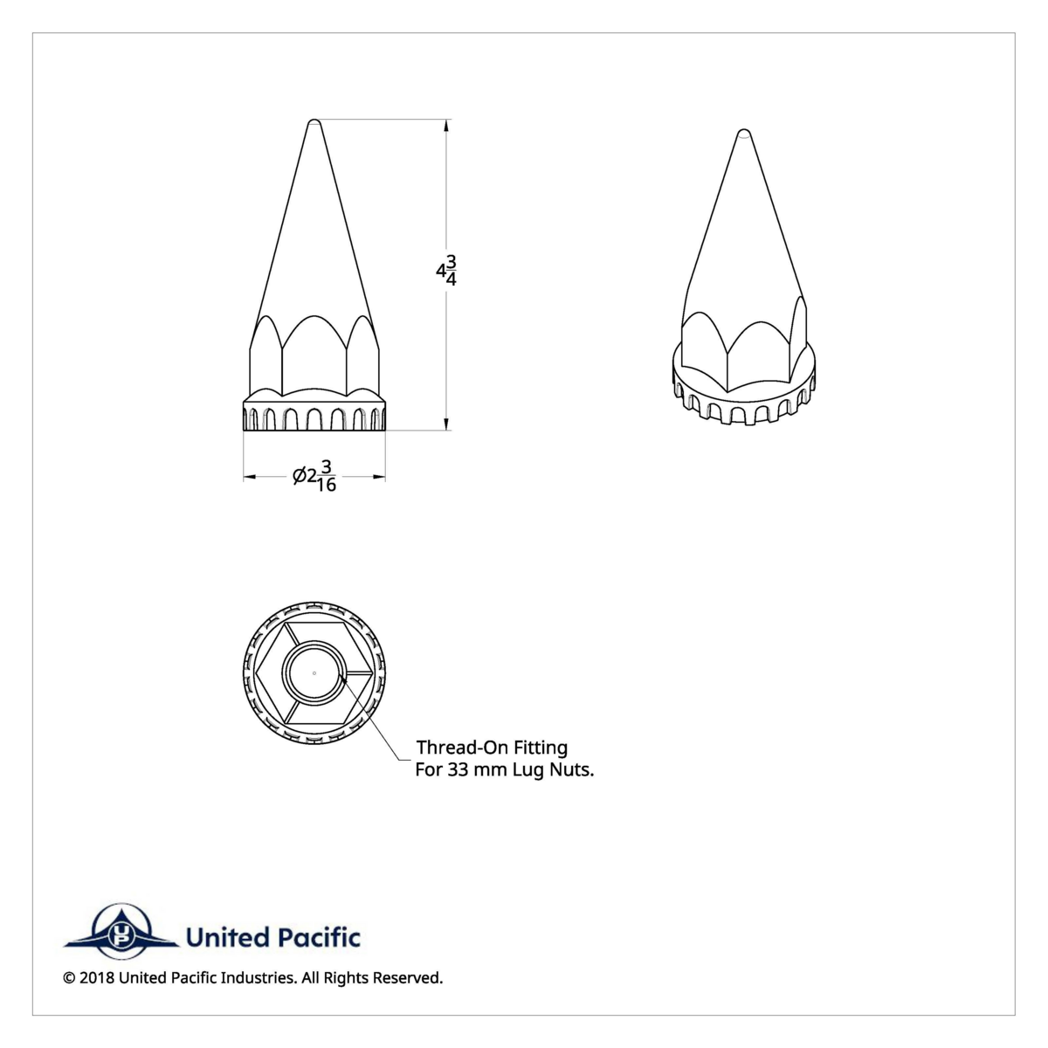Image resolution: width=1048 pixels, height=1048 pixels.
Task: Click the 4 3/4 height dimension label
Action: click(446, 272)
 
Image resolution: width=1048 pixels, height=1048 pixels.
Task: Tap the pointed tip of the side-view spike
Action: click(314, 121)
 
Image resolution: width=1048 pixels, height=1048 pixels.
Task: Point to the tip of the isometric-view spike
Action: click(743, 134)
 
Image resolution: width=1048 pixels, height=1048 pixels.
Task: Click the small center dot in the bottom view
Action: click(314, 672)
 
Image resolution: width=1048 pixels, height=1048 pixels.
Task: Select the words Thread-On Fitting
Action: click(492, 748)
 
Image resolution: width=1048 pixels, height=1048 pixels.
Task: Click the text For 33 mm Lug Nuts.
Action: click(504, 770)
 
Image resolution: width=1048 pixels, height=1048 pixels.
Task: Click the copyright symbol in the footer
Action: click(69, 978)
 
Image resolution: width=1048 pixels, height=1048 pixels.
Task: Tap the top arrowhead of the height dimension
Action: click(447, 125)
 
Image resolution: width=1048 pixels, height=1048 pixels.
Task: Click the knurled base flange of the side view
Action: click(314, 417)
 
